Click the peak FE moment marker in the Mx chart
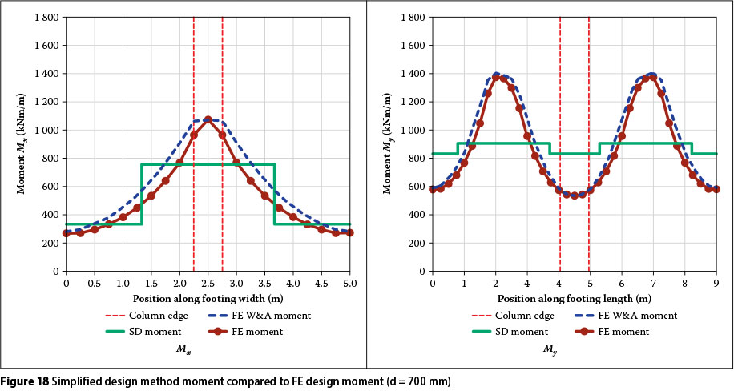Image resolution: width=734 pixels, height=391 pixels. tap(208, 120)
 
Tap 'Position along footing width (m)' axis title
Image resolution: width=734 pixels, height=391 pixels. tap(208, 299)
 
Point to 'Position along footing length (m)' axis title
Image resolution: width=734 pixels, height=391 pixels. tap(574, 299)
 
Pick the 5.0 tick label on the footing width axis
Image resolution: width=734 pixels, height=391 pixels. tap(350, 283)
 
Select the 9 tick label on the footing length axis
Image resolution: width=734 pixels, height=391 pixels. tap(716, 283)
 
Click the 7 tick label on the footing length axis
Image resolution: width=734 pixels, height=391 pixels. tap(653, 283)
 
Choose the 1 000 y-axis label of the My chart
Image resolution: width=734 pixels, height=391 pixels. tap(412, 131)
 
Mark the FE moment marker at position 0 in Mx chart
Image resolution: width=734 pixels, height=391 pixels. tap(66, 233)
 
